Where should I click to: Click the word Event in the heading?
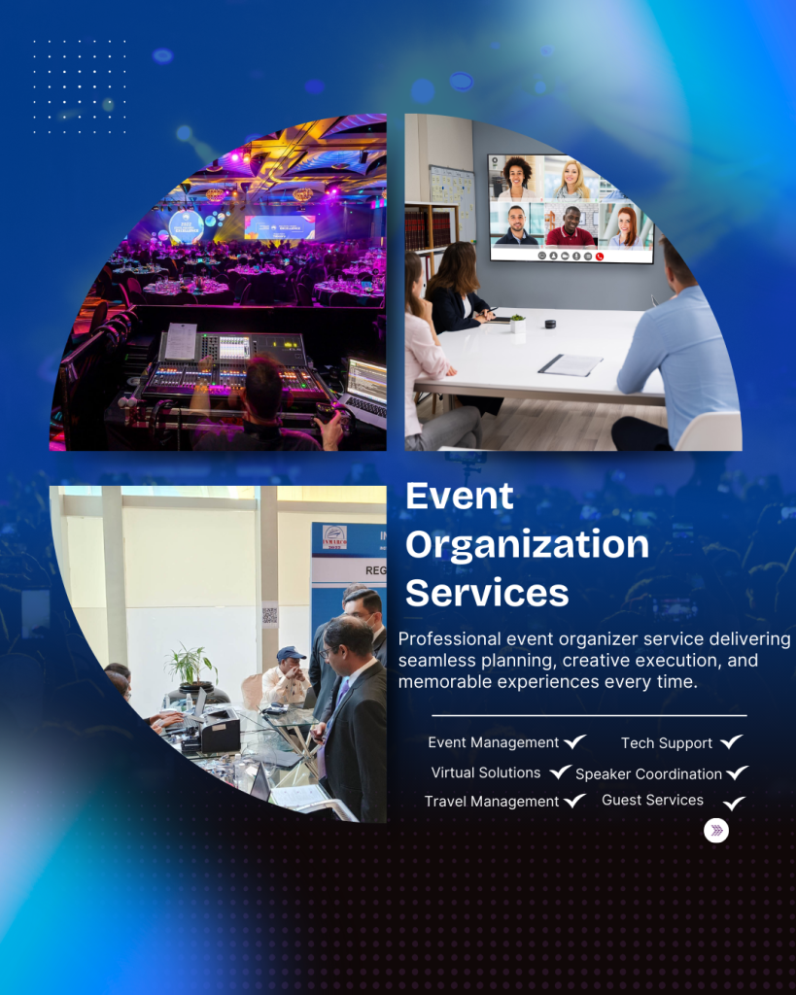click(x=459, y=496)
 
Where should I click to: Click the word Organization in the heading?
click(x=527, y=545)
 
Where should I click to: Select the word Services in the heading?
click(x=487, y=594)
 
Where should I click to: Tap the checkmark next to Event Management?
click(x=574, y=741)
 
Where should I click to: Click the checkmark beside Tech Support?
click(x=731, y=741)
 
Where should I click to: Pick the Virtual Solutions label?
click(x=486, y=772)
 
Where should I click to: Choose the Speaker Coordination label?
click(x=648, y=774)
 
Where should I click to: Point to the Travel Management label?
click(x=492, y=802)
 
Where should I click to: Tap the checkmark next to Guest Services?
click(x=734, y=804)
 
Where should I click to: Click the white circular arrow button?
click(x=716, y=830)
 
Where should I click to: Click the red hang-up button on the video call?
click(x=600, y=257)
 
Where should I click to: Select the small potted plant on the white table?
click(x=518, y=323)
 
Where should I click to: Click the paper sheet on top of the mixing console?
click(x=181, y=341)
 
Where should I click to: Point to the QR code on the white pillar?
click(x=270, y=614)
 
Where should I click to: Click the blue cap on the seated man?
click(x=291, y=653)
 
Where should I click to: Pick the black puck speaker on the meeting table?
click(x=550, y=325)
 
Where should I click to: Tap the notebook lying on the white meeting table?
click(x=570, y=365)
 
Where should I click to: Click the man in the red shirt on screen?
click(x=571, y=227)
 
